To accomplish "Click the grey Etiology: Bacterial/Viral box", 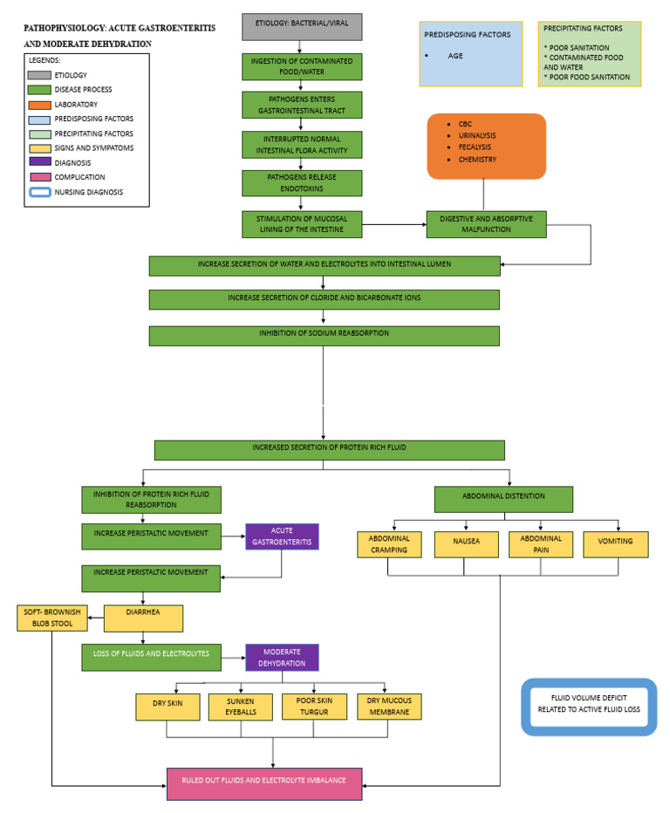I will point(301,26).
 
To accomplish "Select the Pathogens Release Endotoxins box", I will point(301,183).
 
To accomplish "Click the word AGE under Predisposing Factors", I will point(455,55).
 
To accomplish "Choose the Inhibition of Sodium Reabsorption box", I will point(324,336).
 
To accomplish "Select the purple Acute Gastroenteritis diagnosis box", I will point(282,536).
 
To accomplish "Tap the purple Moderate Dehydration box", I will point(282,657).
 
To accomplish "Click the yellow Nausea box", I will point(466,544).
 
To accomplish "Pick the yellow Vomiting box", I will point(616,544).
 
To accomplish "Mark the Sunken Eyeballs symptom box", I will point(240,707).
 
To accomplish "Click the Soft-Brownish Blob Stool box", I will point(50,618).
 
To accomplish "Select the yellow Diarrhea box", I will point(143,618).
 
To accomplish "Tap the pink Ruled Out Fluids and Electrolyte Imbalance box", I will point(263,783).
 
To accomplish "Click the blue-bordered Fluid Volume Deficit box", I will point(588,703).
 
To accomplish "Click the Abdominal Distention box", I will point(503,499).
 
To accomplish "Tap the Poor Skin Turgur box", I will point(314,707).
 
